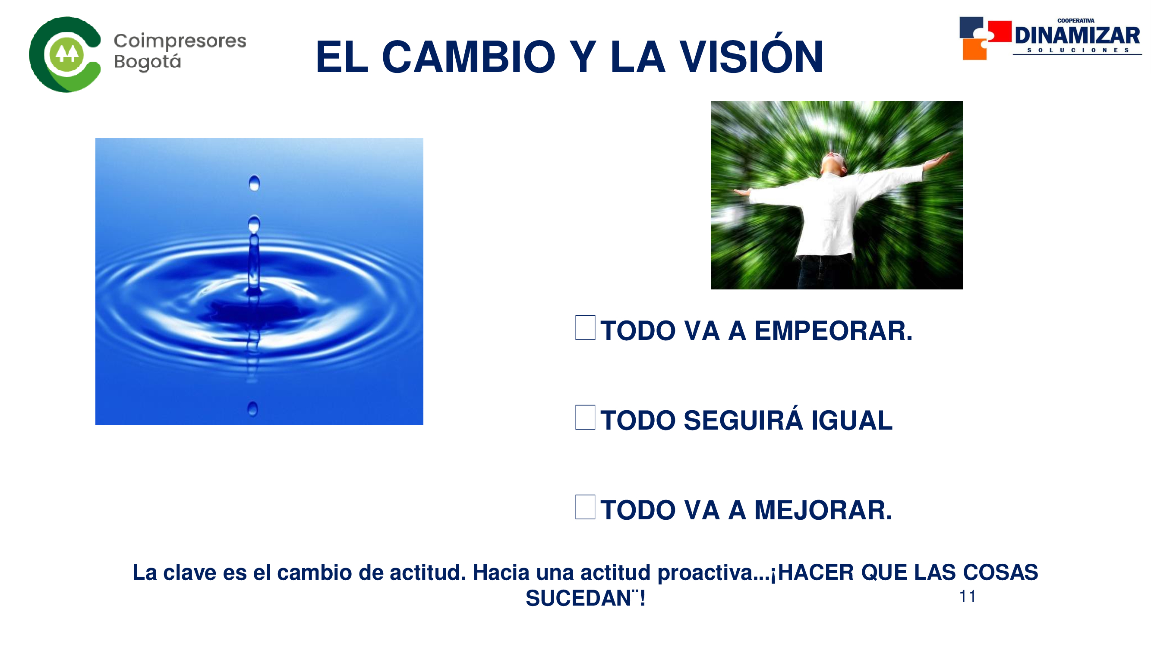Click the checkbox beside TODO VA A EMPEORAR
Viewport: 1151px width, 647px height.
(x=585, y=327)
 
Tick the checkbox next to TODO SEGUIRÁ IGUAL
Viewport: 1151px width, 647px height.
(x=585, y=417)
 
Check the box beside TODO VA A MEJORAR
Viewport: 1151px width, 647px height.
(x=585, y=507)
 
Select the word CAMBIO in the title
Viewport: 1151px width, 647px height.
(x=469, y=57)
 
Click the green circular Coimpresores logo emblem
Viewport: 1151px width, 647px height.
(x=65, y=54)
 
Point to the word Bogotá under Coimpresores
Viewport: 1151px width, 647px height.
(x=148, y=62)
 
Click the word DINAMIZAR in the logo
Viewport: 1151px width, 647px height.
(x=1077, y=35)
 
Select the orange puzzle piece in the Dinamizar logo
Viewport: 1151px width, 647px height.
(x=974, y=49)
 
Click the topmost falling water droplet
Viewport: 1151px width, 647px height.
(x=254, y=183)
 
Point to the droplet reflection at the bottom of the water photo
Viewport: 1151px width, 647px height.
(x=252, y=409)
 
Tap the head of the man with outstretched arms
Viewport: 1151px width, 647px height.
(x=834, y=163)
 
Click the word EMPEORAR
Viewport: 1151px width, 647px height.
(x=833, y=331)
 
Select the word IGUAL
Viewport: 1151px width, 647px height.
(x=851, y=421)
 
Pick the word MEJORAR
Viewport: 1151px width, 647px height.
(x=823, y=510)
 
